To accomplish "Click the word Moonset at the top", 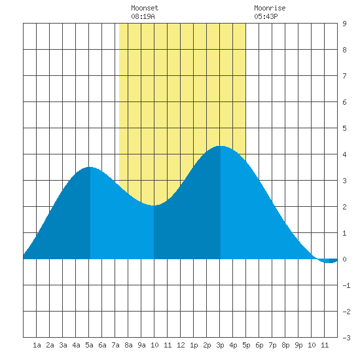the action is [145, 8].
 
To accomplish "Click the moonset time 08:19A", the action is [143, 16].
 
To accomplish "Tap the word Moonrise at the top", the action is [270, 8].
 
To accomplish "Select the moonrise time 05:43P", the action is [266, 16].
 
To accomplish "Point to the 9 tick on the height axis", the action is [344, 24].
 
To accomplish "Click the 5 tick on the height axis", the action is [344, 128].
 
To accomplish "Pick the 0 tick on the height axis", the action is [344, 259].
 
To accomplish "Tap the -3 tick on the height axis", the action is [346, 338].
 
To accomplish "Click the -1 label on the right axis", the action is [346, 285].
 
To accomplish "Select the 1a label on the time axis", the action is [37, 345].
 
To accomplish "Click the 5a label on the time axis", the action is [89, 345].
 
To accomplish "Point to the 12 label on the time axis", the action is [181, 345].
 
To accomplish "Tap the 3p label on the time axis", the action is [220, 345].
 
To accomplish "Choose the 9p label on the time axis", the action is [298, 345].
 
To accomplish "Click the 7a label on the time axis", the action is [115, 345].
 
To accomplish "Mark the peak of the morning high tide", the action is [90, 167].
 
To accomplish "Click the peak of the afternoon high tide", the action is [221, 146].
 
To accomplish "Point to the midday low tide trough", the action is [154, 206].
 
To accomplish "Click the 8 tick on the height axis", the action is [344, 50].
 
